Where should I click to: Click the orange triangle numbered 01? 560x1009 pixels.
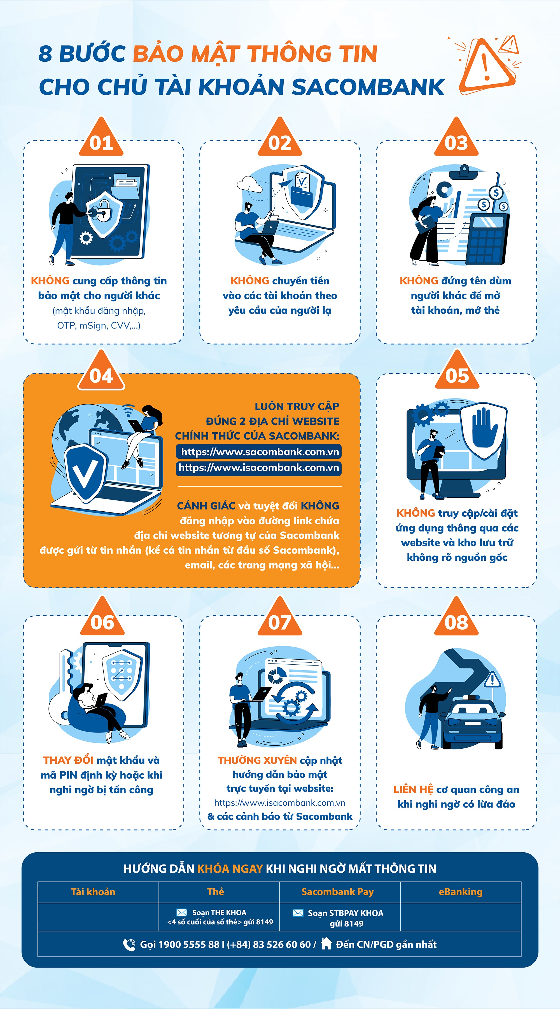click(x=101, y=138)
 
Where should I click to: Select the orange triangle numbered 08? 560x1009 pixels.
click(x=456, y=617)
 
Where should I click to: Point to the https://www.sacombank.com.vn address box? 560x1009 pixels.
click(x=259, y=452)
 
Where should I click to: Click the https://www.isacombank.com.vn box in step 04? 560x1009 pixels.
click(x=259, y=468)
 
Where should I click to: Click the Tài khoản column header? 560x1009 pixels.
click(x=93, y=892)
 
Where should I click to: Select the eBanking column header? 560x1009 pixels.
click(x=461, y=892)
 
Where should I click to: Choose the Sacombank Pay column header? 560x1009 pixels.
click(x=337, y=892)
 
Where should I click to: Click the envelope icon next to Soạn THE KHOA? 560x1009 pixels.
click(x=181, y=912)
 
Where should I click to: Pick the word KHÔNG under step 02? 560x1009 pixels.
click(x=250, y=280)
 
